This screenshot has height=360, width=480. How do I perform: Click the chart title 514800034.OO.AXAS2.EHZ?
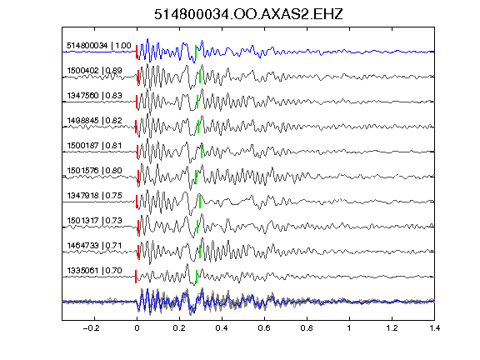click(x=248, y=14)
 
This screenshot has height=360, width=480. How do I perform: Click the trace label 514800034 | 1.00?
click(x=99, y=46)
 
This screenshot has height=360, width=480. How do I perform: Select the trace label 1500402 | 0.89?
click(x=95, y=71)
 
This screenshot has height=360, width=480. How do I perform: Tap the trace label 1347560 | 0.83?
click(x=95, y=96)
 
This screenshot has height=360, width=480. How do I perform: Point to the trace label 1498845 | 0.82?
click(x=95, y=121)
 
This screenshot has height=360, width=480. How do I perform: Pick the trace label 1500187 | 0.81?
click(x=95, y=145)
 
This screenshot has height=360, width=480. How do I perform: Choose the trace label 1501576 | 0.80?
click(x=95, y=171)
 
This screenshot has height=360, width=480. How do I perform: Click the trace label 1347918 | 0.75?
click(x=95, y=196)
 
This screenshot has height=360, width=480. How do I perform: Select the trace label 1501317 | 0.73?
click(x=95, y=221)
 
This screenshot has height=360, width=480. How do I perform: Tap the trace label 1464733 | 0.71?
click(x=95, y=246)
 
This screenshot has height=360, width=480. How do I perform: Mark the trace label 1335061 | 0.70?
click(x=95, y=271)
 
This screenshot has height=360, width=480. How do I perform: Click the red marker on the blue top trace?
click(x=137, y=52)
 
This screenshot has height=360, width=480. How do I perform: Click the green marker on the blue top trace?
click(x=196, y=52)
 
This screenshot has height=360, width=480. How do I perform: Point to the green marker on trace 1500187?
click(x=202, y=152)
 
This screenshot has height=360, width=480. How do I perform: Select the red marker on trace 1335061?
click(x=136, y=277)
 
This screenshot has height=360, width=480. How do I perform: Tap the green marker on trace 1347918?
click(x=200, y=202)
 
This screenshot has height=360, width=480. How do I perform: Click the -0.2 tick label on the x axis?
click(x=92, y=328)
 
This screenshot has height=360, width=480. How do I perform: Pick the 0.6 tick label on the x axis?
click(x=264, y=328)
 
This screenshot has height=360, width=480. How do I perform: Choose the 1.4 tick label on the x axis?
click(x=434, y=328)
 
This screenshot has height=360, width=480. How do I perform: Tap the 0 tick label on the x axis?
click(x=137, y=328)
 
